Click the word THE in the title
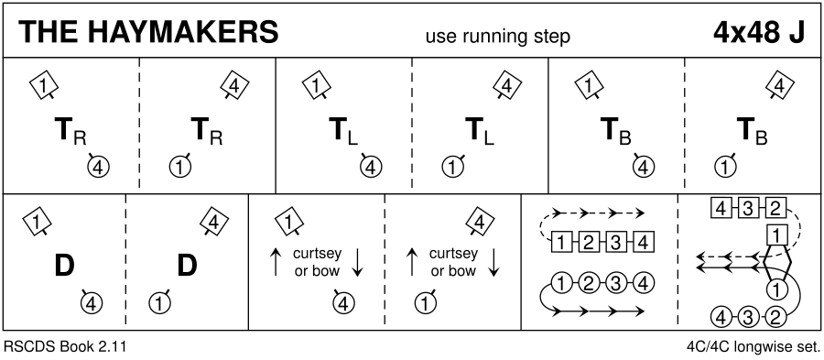[49, 33]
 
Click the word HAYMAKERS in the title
[182, 33]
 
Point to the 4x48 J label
[758, 33]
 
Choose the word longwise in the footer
[762, 347]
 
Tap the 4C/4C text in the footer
[706, 347]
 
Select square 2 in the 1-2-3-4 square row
[589, 243]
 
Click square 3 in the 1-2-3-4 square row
[616, 243]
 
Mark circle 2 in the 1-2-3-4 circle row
[589, 284]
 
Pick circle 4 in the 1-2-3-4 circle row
[644, 284]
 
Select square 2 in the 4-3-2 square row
[775, 209]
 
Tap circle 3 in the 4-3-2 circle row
[747, 317]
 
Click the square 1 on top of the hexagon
[775, 235]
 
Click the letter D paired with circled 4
[64, 266]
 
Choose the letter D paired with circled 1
[187, 266]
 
